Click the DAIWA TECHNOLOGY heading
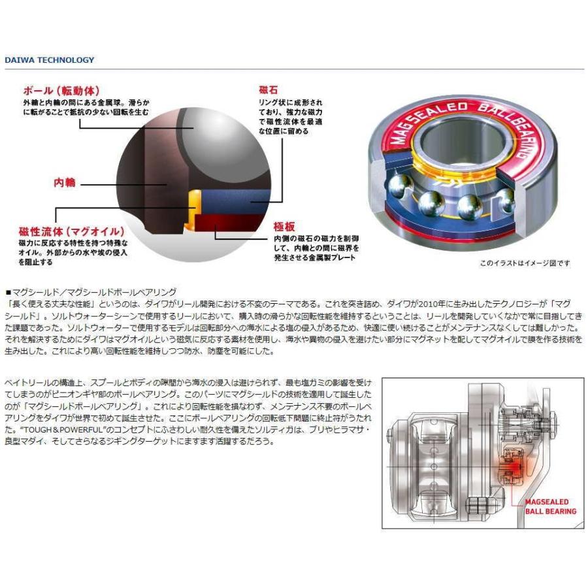[x=50, y=60]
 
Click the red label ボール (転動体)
[x=61, y=91]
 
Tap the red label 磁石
[x=268, y=90]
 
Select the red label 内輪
[x=65, y=183]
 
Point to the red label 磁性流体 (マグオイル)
[x=71, y=231]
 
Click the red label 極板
[x=284, y=227]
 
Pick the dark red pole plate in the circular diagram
[x=233, y=224]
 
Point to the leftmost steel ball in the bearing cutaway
[x=400, y=185]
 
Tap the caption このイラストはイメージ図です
[x=525, y=263]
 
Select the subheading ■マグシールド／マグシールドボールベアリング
[x=91, y=292]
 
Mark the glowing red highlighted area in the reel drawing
[x=513, y=467]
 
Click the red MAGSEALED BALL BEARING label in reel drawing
[x=551, y=506]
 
